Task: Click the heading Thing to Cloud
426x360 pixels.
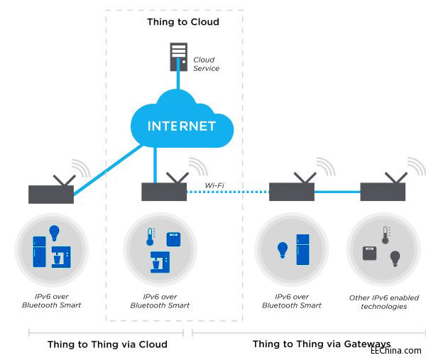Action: [x=182, y=22]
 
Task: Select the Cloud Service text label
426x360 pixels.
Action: [x=206, y=64]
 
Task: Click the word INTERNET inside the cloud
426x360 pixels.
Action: [x=181, y=126]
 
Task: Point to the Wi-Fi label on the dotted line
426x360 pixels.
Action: [x=215, y=186]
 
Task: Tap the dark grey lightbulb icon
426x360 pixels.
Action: [x=395, y=258]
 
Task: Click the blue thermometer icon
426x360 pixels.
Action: [x=151, y=236]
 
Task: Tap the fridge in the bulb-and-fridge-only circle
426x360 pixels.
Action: [x=302, y=249]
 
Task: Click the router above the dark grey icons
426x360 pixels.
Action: [x=381, y=192]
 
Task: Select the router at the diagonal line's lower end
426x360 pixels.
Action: [x=51, y=194]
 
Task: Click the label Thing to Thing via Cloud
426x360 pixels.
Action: [x=107, y=344]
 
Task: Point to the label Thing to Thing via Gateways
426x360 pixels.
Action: [x=321, y=344]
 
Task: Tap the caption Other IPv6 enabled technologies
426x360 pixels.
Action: [x=383, y=302]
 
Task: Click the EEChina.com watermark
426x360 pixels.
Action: [x=395, y=350]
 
